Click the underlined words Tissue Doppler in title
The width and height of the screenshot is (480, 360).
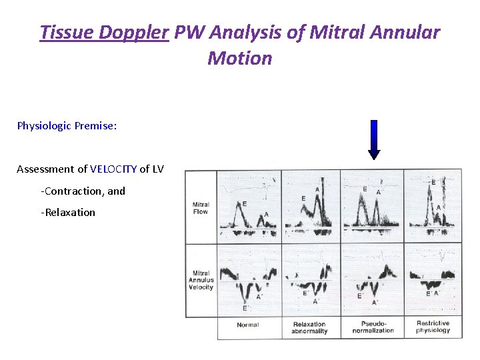(x=103, y=33)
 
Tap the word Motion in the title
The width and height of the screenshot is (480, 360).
(x=240, y=59)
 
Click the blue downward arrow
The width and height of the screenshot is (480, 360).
(x=374, y=139)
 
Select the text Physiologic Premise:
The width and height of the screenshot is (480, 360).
(x=67, y=125)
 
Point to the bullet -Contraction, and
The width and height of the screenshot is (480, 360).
(x=83, y=191)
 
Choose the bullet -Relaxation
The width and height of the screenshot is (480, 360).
(x=68, y=212)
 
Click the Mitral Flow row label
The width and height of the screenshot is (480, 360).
(x=200, y=208)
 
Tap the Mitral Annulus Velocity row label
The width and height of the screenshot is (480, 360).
(x=201, y=281)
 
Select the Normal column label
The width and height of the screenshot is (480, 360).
(x=248, y=325)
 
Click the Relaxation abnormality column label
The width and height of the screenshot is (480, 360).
(x=310, y=327)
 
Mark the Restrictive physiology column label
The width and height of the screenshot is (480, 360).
(x=433, y=327)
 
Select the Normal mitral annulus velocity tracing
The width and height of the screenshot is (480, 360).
(x=249, y=280)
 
